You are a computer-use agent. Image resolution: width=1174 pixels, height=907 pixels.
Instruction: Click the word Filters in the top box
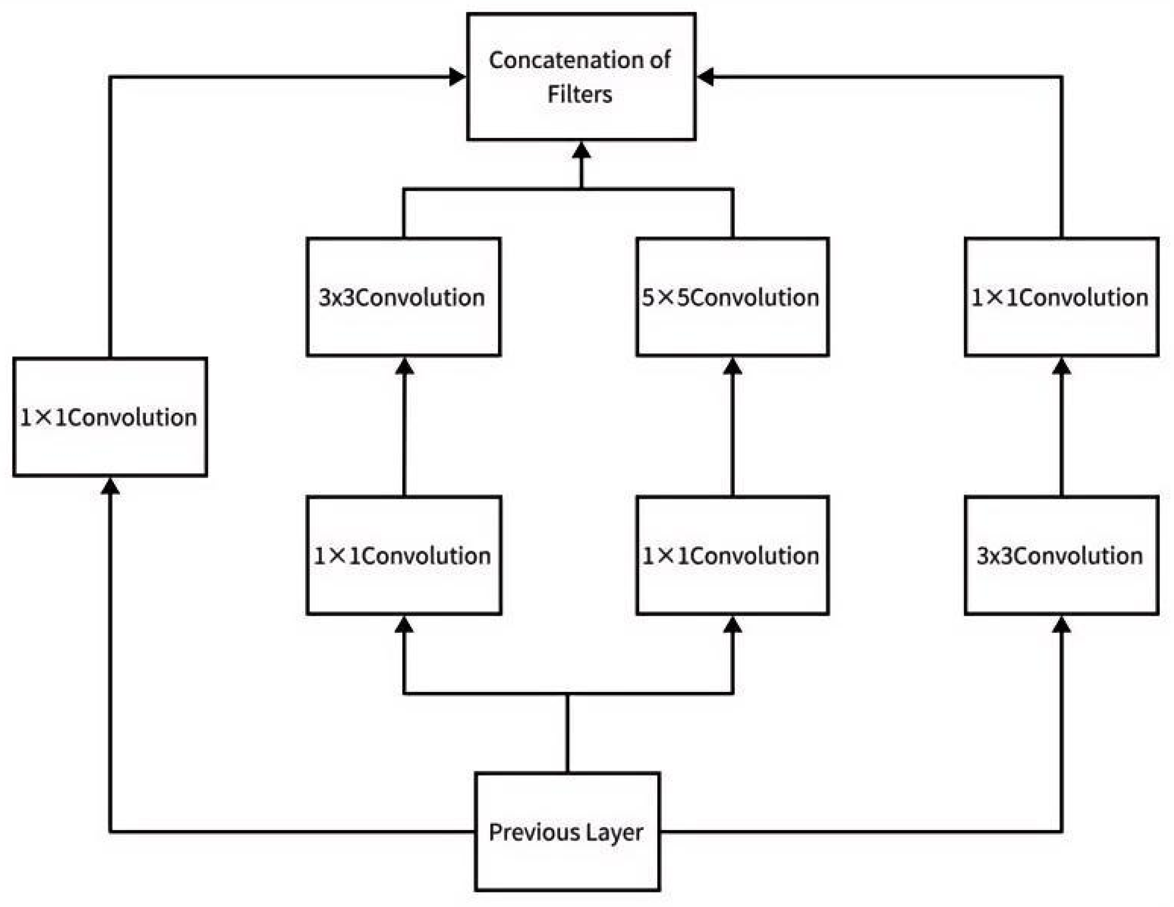pos(580,95)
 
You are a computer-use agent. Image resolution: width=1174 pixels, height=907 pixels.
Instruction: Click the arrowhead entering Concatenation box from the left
pos(458,77)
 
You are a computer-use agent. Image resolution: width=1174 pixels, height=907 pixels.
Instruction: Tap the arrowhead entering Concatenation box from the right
pos(706,77)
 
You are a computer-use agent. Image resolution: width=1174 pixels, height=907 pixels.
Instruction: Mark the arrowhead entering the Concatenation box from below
pos(581,151)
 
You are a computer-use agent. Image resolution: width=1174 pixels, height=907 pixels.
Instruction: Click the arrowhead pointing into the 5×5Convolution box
pos(732,367)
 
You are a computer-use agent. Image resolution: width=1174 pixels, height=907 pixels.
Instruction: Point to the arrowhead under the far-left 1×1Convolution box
pos(110,487)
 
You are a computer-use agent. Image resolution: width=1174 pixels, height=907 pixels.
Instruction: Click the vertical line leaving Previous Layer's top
pos(567,734)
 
